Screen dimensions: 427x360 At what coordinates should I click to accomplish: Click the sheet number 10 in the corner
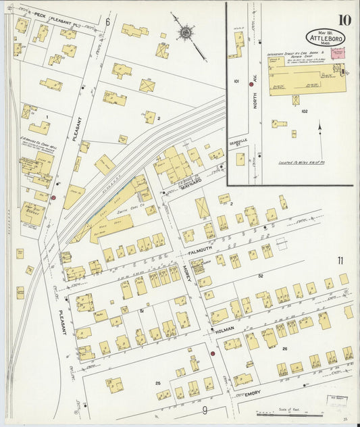click(344, 19)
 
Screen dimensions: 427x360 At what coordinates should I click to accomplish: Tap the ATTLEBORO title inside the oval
click(325, 38)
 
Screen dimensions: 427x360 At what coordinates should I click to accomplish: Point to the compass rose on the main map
click(184, 32)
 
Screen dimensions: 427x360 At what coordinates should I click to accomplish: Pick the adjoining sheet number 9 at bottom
click(203, 409)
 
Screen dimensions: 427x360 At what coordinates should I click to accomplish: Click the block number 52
click(259, 276)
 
